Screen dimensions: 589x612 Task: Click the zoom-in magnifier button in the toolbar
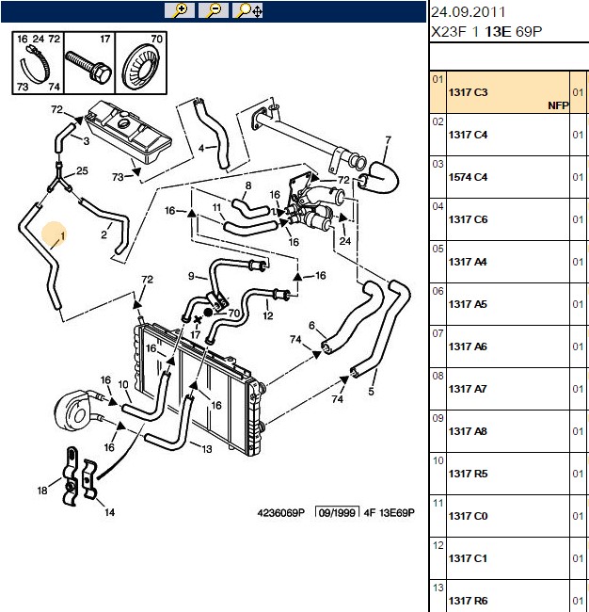180,10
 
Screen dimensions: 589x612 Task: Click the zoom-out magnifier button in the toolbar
214,10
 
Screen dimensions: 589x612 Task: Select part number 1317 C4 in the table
468,135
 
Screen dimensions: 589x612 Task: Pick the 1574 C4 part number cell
468,177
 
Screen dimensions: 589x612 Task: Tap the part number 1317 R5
468,474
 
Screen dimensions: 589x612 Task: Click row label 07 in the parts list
438,333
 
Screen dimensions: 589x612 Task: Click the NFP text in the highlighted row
558,105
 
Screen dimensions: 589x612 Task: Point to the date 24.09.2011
468,12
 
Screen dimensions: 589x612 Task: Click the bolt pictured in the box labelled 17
88,66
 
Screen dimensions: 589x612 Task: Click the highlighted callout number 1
63,236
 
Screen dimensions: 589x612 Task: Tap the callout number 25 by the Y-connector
82,170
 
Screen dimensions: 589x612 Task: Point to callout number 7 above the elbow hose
388,140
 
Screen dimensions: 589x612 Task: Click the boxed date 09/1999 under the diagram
337,512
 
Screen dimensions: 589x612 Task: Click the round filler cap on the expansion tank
124,124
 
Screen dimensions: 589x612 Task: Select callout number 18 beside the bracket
42,491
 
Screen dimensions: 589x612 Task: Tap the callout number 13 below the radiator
207,449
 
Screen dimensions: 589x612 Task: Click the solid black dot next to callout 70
208,313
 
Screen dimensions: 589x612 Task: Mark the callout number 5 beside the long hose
371,391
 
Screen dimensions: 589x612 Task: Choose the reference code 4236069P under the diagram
280,513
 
